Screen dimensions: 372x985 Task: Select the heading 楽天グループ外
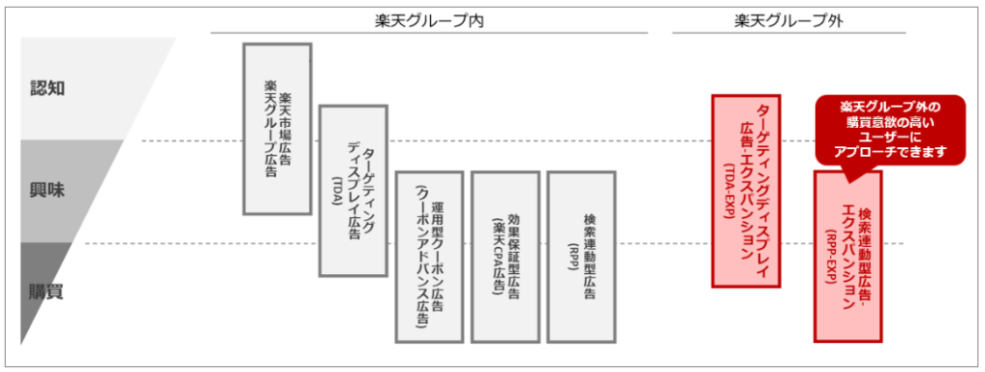(x=788, y=19)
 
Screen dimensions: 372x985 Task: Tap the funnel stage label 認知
(x=48, y=88)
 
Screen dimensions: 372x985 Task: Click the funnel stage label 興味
(x=48, y=189)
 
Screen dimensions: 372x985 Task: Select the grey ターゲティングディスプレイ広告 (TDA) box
(x=352, y=192)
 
